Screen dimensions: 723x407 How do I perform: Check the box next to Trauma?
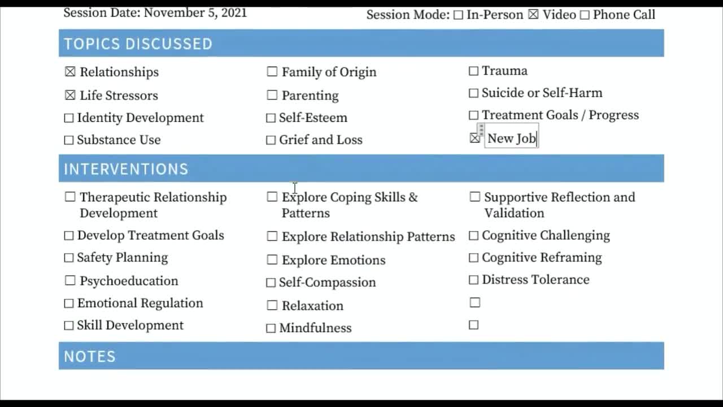(473, 71)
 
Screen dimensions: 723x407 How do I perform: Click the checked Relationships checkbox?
(70, 72)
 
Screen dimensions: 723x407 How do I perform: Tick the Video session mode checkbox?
(533, 15)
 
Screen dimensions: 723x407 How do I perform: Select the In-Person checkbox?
(458, 15)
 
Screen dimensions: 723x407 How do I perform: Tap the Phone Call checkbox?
(585, 15)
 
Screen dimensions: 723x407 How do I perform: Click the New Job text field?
(512, 138)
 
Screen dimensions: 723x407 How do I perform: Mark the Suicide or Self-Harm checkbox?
(473, 93)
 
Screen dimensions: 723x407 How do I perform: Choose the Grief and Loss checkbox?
(271, 140)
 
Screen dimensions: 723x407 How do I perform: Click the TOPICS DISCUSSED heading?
(138, 44)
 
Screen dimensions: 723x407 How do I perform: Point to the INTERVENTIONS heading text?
(126, 169)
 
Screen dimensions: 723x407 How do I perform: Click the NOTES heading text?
(90, 356)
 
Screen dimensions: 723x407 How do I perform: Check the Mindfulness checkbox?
(271, 328)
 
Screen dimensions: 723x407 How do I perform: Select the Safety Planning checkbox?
(69, 258)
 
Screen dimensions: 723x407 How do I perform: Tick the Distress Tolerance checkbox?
(473, 280)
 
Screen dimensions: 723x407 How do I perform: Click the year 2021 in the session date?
(234, 12)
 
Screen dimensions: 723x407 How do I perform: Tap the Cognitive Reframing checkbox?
(473, 258)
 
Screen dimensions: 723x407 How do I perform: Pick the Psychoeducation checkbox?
(70, 280)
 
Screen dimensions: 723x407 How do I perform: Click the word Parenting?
(310, 96)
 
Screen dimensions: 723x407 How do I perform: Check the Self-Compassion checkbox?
(271, 283)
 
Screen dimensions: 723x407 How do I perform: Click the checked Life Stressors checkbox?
(70, 96)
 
